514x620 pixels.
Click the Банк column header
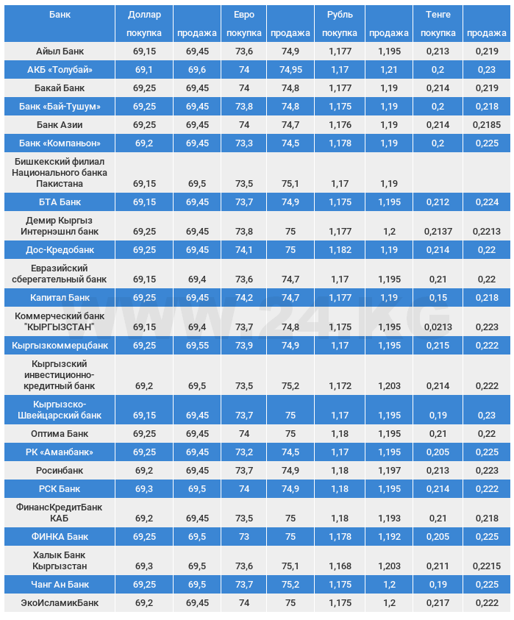click(60, 15)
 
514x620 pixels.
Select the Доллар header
click(144, 15)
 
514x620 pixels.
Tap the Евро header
click(244, 15)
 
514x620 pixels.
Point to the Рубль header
click(340, 15)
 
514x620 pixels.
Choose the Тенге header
click(438, 15)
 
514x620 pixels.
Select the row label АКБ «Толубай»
click(60, 70)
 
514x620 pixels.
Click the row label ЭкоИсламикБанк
click(60, 603)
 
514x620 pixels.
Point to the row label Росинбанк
click(60, 471)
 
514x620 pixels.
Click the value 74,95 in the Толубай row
click(290, 70)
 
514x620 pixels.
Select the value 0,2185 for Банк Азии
click(487, 125)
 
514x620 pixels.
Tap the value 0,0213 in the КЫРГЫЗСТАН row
click(438, 327)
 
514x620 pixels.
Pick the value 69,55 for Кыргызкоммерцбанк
click(197, 346)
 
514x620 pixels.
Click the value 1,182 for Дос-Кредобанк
click(340, 250)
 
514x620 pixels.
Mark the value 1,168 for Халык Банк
click(340, 566)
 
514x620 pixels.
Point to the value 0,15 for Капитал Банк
click(438, 298)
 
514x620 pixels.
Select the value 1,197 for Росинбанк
click(389, 471)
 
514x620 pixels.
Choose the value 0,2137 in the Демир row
click(438, 232)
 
